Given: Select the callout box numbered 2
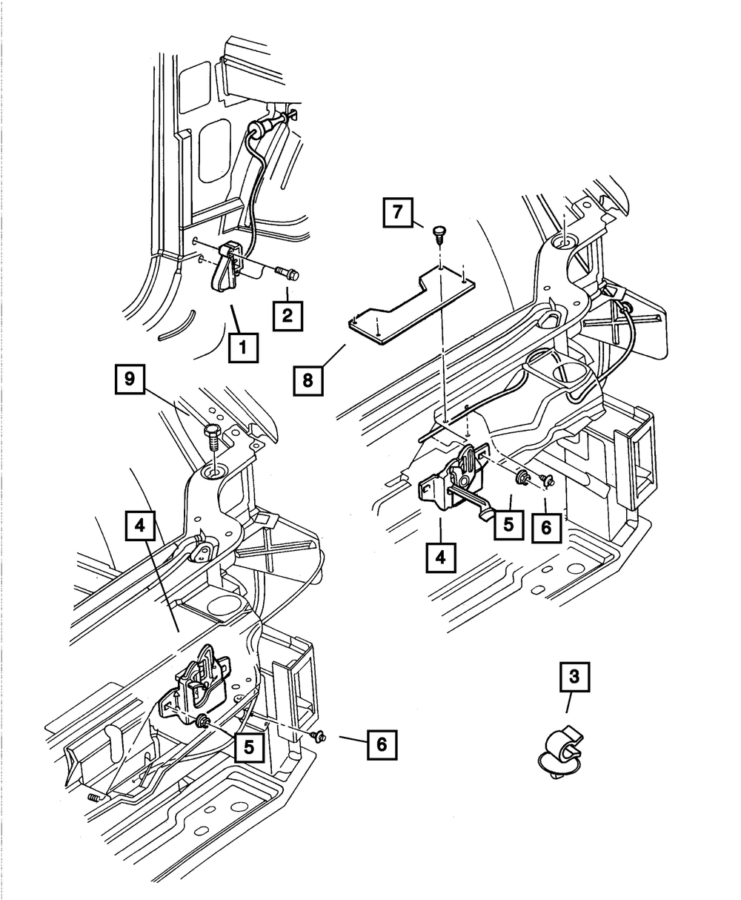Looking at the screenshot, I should (288, 314).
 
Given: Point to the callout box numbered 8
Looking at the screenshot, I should (308, 381).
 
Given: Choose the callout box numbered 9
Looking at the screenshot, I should (130, 379).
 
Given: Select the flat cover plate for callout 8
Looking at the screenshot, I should (411, 305).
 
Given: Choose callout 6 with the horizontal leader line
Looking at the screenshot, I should (382, 744).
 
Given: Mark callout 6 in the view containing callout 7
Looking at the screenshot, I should (545, 529).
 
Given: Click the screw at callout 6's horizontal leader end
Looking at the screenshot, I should (319, 736).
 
